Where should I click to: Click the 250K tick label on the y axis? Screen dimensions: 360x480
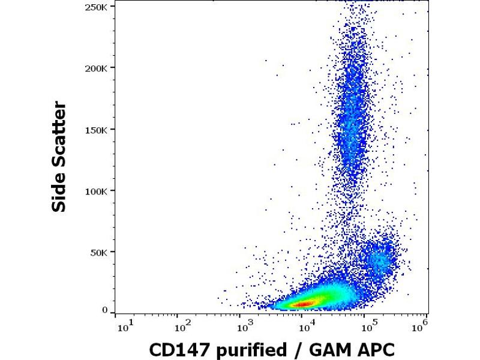tap(96, 6)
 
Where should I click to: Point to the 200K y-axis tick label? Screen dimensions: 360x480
tap(96, 67)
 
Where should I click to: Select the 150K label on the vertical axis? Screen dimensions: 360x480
tap(96, 129)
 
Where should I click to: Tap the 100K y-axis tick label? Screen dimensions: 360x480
tap(96, 191)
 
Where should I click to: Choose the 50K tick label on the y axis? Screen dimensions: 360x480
tap(99, 252)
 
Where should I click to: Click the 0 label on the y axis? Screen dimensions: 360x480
tap(105, 310)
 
